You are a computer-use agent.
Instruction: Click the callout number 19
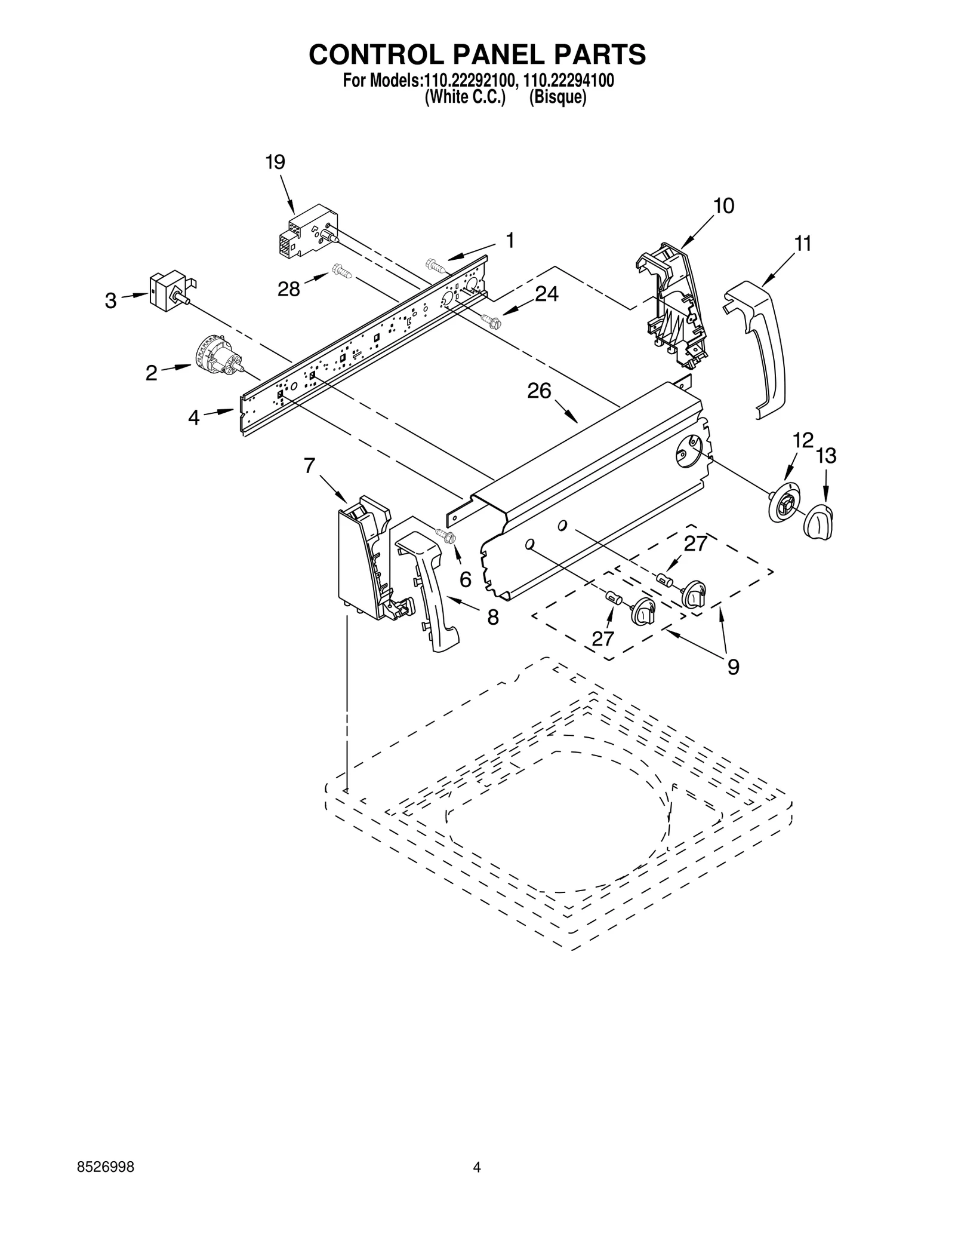point(275,162)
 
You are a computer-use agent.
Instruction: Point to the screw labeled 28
point(343,271)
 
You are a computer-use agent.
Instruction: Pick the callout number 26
point(539,391)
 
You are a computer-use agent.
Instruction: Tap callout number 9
point(733,667)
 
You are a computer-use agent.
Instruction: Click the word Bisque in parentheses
point(557,97)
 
